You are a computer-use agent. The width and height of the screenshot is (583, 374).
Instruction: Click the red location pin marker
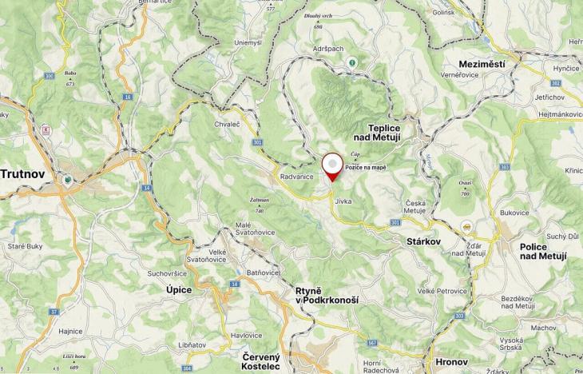pyautogui.click(x=331, y=165)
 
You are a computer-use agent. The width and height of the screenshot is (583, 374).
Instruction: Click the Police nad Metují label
pyautogui.click(x=542, y=251)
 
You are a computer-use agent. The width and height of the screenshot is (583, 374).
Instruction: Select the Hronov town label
pyautogui.click(x=448, y=362)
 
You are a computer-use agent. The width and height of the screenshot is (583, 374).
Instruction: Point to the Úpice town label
pyautogui.click(x=178, y=289)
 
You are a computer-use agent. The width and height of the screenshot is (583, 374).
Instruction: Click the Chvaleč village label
pyautogui.click(x=228, y=124)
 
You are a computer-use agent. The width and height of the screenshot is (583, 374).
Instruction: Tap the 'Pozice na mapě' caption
pyautogui.click(x=366, y=167)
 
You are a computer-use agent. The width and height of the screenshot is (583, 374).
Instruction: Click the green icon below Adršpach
pyautogui.click(x=351, y=62)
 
